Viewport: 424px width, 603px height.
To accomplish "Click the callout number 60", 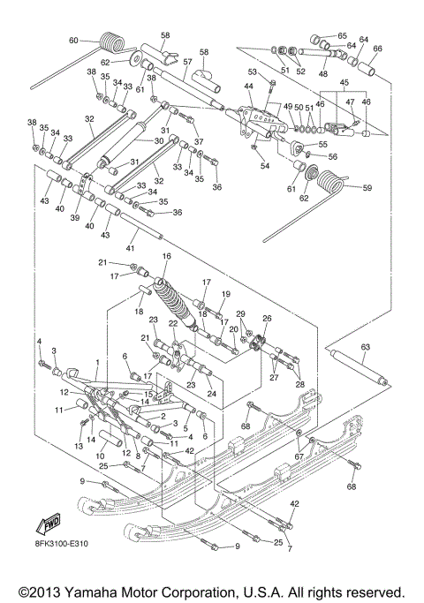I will (x=73, y=41).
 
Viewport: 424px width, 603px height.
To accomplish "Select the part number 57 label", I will (x=187, y=63).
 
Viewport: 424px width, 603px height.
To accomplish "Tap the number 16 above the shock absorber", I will (x=165, y=256).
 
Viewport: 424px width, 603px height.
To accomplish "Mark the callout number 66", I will (x=377, y=49).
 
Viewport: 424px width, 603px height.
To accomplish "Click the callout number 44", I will (x=249, y=86).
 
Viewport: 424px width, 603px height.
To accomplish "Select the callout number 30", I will (x=160, y=139).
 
